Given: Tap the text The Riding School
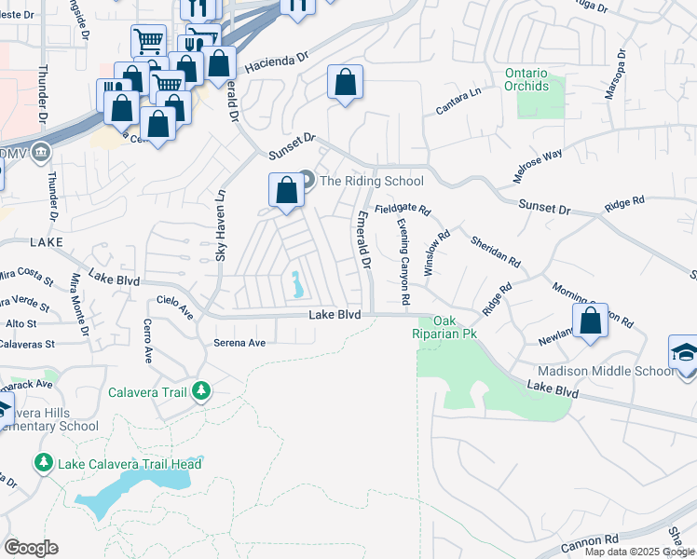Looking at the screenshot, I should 371,181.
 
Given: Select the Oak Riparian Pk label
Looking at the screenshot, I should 444,326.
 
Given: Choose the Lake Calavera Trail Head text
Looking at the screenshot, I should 130,464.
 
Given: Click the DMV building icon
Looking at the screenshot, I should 42,152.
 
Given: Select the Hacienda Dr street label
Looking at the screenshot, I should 276,62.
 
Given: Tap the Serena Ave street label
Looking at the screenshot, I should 239,343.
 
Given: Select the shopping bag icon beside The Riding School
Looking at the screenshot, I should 287,190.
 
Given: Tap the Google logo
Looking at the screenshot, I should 31,548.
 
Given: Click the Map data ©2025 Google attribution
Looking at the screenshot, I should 639,552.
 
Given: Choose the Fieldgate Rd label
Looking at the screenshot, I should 403,211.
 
